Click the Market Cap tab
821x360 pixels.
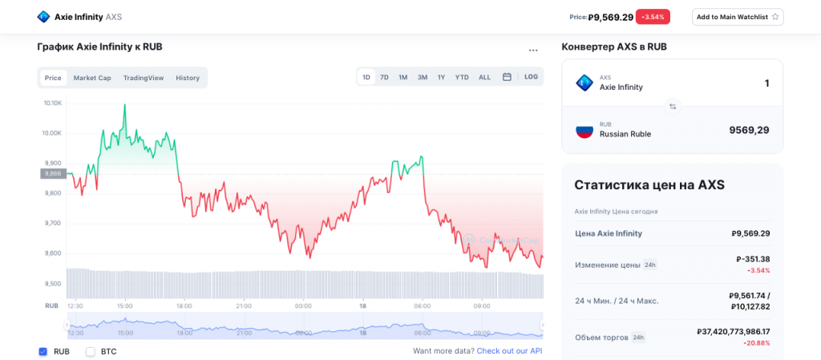(x=92, y=78)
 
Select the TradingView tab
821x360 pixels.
(x=144, y=78)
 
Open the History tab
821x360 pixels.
(x=188, y=78)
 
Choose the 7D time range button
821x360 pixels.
(x=384, y=77)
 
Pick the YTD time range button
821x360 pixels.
(x=462, y=77)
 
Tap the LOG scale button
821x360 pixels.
(x=532, y=77)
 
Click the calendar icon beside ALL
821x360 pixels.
(x=507, y=77)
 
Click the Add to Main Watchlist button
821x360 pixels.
(x=738, y=17)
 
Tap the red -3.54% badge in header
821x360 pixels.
(x=653, y=17)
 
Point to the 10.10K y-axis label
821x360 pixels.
(x=53, y=103)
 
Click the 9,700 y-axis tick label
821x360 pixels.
(x=53, y=223)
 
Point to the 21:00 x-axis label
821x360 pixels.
(x=244, y=305)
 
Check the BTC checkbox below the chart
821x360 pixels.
(x=91, y=351)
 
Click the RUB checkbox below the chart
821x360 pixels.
(x=43, y=351)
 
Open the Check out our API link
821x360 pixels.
(x=509, y=351)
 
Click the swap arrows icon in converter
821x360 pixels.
(x=673, y=106)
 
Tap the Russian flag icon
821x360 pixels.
(x=584, y=129)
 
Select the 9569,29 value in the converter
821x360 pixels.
(x=749, y=130)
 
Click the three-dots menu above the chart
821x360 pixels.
(x=533, y=51)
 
